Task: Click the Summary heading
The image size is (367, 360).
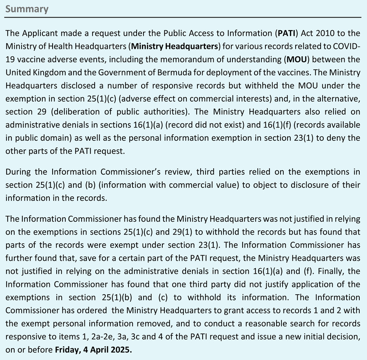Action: [27, 9]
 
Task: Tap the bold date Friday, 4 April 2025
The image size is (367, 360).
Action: [93, 350]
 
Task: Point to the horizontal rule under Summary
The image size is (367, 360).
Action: [183, 17]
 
